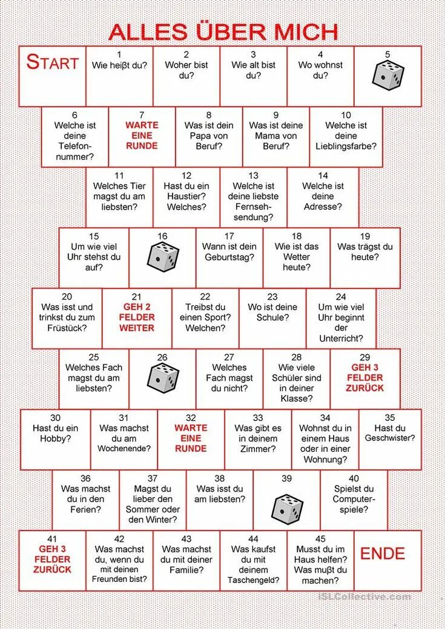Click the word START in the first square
(53, 62)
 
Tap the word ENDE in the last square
(382, 553)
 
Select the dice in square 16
(163, 256)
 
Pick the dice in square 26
(163, 377)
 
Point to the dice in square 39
(287, 509)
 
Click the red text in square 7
(142, 135)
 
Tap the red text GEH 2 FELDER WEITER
(137, 317)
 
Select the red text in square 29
(364, 377)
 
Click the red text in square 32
(191, 438)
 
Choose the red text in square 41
(52, 559)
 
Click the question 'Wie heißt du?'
(119, 65)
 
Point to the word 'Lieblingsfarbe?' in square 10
(346, 146)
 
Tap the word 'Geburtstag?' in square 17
(229, 257)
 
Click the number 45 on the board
(320, 539)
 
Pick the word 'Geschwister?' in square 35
(389, 438)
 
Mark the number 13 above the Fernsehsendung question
(253, 175)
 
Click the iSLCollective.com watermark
(364, 597)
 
